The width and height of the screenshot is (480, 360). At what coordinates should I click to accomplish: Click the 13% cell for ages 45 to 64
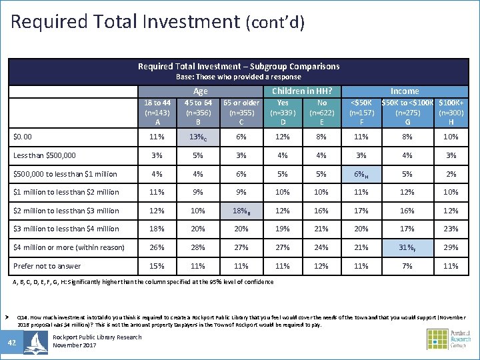click(x=199, y=137)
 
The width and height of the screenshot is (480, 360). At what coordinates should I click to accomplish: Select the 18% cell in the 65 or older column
click(x=241, y=211)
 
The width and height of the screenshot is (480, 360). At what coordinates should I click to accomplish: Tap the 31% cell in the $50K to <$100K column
click(x=407, y=247)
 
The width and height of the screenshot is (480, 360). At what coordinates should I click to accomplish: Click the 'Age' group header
click(x=200, y=91)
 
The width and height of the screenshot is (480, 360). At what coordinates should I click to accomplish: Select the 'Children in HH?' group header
click(x=302, y=91)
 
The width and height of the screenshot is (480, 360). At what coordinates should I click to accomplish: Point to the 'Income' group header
click(x=405, y=91)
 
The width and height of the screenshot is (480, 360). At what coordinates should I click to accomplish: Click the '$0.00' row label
click(x=23, y=137)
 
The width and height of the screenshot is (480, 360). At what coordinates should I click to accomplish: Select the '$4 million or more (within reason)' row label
click(x=69, y=247)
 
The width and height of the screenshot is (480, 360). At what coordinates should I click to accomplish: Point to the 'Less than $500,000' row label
click(x=45, y=155)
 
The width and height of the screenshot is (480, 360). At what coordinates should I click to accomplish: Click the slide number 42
click(x=12, y=342)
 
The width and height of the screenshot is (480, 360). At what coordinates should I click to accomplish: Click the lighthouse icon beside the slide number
click(x=35, y=342)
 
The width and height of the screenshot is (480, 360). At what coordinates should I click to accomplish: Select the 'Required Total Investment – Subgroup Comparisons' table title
click(x=239, y=67)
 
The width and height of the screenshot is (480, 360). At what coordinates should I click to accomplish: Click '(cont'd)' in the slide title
click(x=275, y=24)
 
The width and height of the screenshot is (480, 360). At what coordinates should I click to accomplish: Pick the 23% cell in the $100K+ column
click(x=451, y=229)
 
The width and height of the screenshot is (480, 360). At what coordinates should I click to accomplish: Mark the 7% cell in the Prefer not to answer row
click(x=407, y=266)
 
